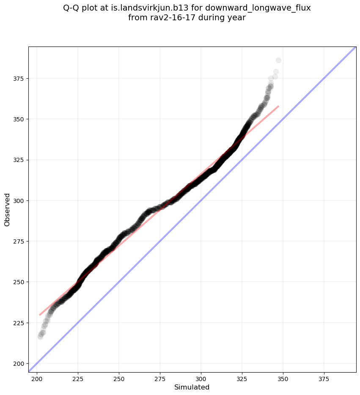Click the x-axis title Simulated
tap(192, 387)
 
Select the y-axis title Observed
tap(7, 209)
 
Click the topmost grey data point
tap(278, 60)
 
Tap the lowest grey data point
tap(40, 337)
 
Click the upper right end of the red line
tap(278, 106)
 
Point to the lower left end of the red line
tap(40, 315)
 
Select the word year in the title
tap(237, 18)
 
